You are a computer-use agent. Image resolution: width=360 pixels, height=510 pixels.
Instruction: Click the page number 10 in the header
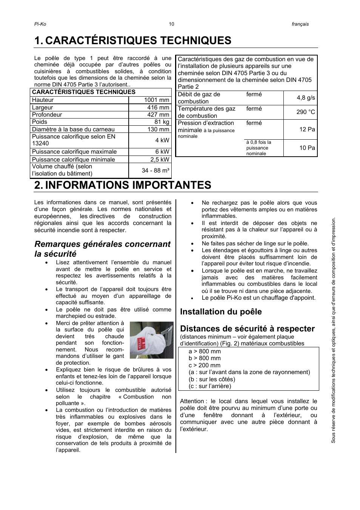pos(171,24)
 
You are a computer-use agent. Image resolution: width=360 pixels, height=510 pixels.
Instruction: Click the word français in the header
pos(300,24)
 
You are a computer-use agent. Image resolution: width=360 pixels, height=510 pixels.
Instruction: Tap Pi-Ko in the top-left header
pos(40,24)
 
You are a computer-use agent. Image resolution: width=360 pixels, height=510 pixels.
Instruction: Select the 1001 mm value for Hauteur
pos(157,100)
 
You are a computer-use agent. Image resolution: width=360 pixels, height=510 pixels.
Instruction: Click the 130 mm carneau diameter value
pos(158,129)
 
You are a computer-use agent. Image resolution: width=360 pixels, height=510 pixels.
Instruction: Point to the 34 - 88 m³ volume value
pos(155,170)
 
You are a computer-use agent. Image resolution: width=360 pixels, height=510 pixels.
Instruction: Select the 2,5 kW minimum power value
pos(160,159)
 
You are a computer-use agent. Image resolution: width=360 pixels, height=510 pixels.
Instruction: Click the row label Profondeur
pos(47,115)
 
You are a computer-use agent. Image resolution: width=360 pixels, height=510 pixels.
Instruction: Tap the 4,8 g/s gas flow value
pos(306,98)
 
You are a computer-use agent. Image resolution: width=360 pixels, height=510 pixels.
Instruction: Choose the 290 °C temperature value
pos(306,112)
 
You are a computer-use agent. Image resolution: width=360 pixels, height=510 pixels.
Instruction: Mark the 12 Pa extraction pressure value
pos(307,129)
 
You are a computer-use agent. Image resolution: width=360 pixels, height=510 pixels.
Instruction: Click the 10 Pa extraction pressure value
pos(307,148)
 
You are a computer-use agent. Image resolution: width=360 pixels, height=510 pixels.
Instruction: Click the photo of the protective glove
pos(151,340)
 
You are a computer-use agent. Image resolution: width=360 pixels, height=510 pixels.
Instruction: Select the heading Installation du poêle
pos(221,312)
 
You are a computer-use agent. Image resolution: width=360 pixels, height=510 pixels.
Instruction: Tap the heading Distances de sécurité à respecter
pos(247,329)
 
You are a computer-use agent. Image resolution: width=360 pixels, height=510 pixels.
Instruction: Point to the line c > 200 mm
pos(205,365)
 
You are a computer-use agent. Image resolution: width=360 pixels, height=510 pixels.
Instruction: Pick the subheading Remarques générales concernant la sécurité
pos(102,249)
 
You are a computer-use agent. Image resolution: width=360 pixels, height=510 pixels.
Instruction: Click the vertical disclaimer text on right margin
pos(333,330)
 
